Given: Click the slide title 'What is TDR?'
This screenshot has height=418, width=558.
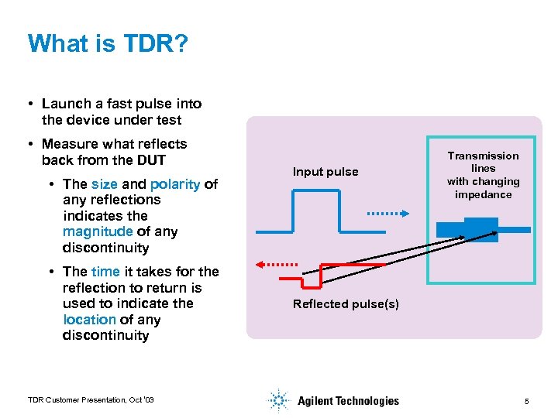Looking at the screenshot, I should pos(107,43).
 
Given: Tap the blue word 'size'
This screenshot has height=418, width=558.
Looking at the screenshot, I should pos(104,184).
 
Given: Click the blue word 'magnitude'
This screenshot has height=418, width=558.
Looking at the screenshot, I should pos(98,232).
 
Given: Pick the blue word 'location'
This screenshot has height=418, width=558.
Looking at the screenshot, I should pos(89,320).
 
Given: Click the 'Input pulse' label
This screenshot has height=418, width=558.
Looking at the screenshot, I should pos(325,172).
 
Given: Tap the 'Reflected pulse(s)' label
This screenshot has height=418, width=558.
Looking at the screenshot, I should pos(346,304).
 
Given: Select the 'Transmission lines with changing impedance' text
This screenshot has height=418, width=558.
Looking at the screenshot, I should pos(483,175).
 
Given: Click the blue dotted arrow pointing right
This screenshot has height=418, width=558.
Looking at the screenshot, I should pos(382,212).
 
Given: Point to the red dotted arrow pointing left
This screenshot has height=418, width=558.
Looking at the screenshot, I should pos(277,264).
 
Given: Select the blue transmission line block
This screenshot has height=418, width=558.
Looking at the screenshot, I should pos(480,229).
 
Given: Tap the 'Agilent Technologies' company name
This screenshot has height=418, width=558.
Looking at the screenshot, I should pos(348,401).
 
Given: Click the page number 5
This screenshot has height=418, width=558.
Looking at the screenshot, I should pos(526,401).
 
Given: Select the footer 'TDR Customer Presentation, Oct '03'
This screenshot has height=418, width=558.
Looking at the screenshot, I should pos(91,399).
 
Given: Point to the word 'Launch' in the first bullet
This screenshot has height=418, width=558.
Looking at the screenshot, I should pos(64,104).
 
